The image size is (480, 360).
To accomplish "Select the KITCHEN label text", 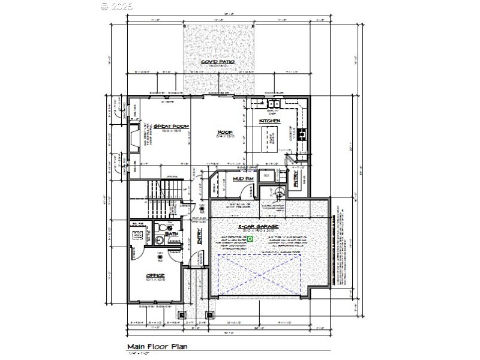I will (x=269, y=121).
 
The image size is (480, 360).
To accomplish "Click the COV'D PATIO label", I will (x=218, y=62).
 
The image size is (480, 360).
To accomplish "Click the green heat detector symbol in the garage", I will (x=251, y=238).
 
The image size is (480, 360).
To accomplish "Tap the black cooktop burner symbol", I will (x=302, y=133).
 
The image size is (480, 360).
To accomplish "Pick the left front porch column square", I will (x=181, y=314).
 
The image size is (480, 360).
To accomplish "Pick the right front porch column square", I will (x=210, y=314).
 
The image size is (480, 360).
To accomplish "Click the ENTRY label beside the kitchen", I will (x=295, y=179).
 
